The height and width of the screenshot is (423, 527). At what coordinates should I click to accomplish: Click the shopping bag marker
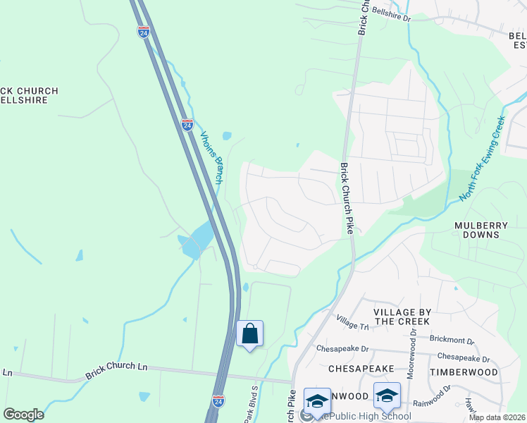click(250, 333)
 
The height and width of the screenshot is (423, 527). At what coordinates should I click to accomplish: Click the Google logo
click(24, 415)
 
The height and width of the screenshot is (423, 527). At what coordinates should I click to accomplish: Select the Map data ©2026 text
click(497, 417)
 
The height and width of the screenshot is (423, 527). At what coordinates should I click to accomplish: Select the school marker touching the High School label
click(316, 400)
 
